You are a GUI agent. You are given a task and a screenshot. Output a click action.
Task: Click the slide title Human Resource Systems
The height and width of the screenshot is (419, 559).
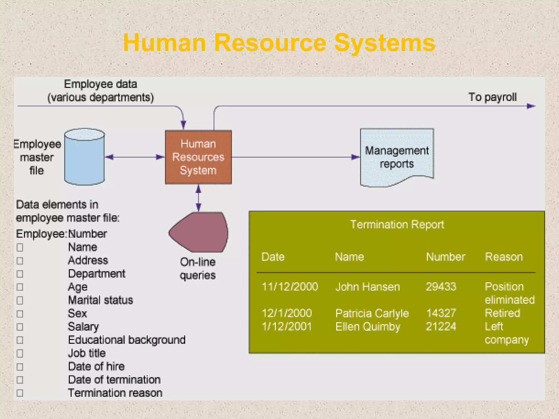(x=279, y=43)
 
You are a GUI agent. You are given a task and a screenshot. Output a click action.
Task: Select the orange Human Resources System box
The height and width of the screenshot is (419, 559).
(x=198, y=157)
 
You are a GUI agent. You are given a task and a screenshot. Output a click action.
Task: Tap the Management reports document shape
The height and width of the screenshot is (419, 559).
(x=397, y=157)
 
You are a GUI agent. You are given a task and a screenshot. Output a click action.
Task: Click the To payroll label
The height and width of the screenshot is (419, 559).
(x=492, y=97)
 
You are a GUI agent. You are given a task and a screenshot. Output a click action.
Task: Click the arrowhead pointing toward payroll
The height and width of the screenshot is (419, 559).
(x=531, y=106)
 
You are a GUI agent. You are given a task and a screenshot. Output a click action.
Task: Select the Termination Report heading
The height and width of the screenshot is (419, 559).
(x=397, y=225)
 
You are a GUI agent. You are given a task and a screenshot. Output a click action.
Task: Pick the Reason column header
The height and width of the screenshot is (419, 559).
(x=504, y=257)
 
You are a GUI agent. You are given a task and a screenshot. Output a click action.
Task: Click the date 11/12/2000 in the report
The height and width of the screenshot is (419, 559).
(x=290, y=287)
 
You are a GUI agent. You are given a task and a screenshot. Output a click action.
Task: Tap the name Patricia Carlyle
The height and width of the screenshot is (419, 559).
(x=372, y=313)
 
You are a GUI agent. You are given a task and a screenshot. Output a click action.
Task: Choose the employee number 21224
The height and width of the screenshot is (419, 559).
(x=441, y=327)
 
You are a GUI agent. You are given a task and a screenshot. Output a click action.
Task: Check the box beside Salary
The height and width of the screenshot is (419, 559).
(x=20, y=327)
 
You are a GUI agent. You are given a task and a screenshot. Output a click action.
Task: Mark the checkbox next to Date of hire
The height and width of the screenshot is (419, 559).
(x=20, y=367)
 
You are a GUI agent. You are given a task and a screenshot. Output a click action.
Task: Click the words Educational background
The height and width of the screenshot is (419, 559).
(x=127, y=340)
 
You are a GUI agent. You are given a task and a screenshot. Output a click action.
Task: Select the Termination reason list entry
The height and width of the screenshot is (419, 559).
(x=115, y=393)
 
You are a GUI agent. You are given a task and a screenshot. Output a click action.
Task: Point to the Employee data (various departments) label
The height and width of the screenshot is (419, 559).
(x=100, y=91)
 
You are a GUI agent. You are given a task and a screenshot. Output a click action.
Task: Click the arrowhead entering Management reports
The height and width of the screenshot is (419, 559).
(x=355, y=157)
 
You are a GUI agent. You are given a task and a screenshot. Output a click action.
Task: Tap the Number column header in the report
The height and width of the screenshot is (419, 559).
(x=446, y=257)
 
